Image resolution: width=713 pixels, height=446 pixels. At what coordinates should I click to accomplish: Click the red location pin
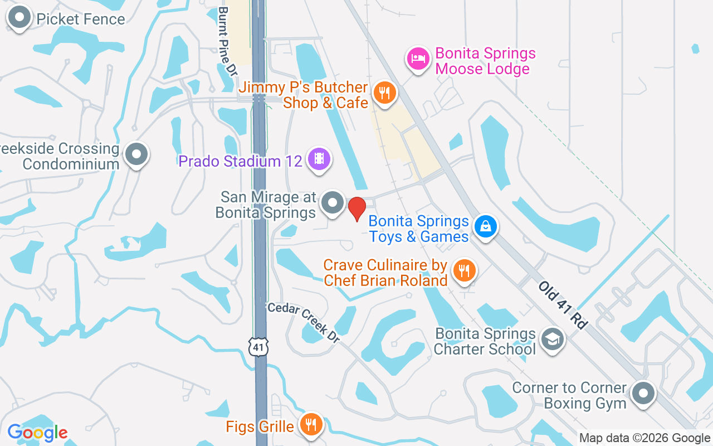pos(356,209)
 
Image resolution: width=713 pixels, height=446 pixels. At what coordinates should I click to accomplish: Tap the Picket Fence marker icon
pos(20,17)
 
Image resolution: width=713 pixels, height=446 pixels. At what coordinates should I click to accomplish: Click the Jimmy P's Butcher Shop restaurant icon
pos(384,92)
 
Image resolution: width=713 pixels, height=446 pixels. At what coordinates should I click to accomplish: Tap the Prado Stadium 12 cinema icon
pos(319,159)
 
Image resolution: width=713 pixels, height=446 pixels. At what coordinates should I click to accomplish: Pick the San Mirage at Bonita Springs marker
pos(333,203)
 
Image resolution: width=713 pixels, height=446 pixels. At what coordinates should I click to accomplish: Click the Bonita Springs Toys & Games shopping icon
pos(485,226)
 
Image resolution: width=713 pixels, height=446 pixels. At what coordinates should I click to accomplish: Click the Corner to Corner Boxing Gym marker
pos(643,394)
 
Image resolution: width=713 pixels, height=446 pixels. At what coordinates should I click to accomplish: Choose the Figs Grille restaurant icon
pos(311,425)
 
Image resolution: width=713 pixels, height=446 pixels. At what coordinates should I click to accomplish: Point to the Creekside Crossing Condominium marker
pos(136,154)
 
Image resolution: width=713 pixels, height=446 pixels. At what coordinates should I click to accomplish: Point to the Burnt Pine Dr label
pos(227,41)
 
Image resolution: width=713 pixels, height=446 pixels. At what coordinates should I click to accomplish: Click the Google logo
pos(37,433)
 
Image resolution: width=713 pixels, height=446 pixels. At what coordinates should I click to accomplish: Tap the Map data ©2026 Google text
pos(644,438)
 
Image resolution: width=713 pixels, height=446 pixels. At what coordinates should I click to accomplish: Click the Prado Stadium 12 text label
pos(240,161)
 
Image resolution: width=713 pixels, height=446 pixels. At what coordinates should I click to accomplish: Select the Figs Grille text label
pos(260,427)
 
